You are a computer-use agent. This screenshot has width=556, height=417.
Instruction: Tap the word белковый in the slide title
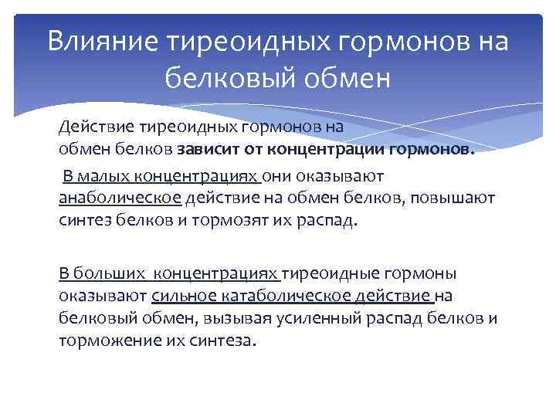(x=231, y=77)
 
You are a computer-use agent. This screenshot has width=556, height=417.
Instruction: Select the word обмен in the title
(x=348, y=77)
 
